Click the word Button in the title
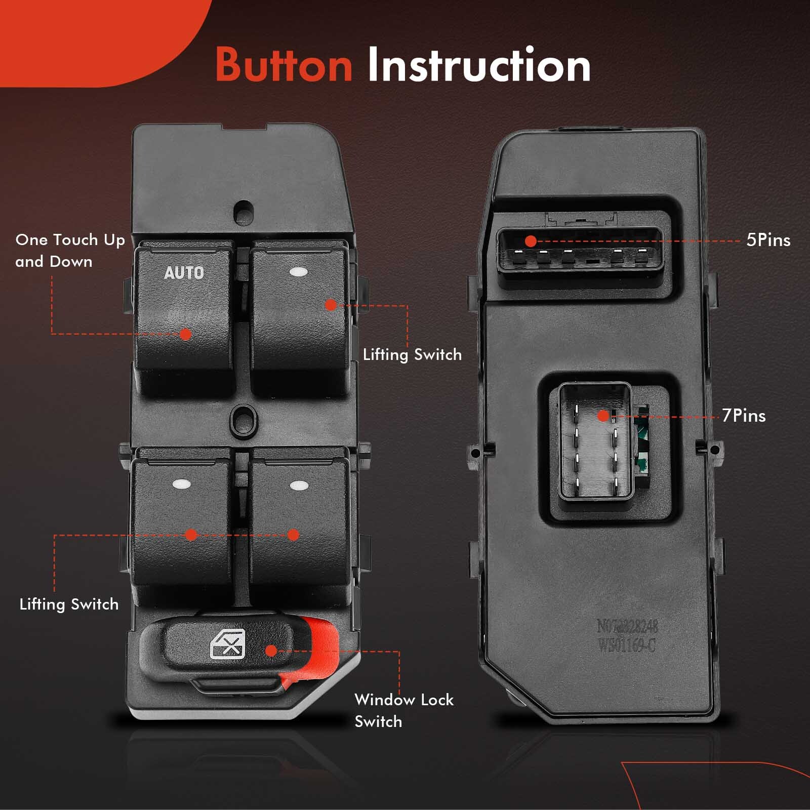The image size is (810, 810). point(283,65)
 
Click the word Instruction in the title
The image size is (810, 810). point(478,65)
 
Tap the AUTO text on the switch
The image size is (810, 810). point(184,273)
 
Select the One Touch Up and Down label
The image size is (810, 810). point(70,251)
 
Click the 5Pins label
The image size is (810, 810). point(768,240)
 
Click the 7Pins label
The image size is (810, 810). point(744,416)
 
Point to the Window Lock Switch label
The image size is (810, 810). point(403,710)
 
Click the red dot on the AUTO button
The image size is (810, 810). point(185,334)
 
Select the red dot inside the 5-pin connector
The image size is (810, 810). point(531,241)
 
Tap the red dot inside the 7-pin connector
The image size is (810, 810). point(603,416)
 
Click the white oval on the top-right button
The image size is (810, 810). point(299,272)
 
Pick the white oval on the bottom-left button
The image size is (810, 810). point(181,483)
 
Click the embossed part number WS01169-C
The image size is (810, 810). point(627,646)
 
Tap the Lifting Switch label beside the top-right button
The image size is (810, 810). point(412,354)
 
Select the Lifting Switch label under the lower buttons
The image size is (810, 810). point(69,604)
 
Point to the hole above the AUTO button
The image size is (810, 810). point(243,210)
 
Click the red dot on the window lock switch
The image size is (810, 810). point(271,651)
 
